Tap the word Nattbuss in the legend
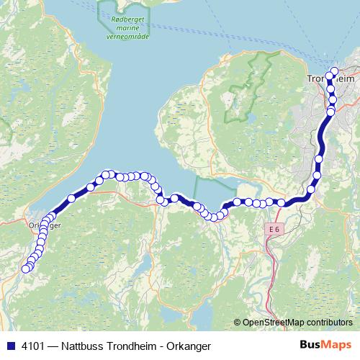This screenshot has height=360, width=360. (x=80, y=345)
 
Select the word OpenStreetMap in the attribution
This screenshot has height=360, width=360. (x=274, y=323)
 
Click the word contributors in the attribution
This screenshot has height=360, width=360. (x=330, y=323)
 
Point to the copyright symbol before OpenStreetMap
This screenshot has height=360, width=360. (x=238, y=323)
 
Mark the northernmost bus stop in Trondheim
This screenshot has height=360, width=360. (x=333, y=71)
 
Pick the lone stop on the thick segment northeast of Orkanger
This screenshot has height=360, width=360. (x=71, y=198)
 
